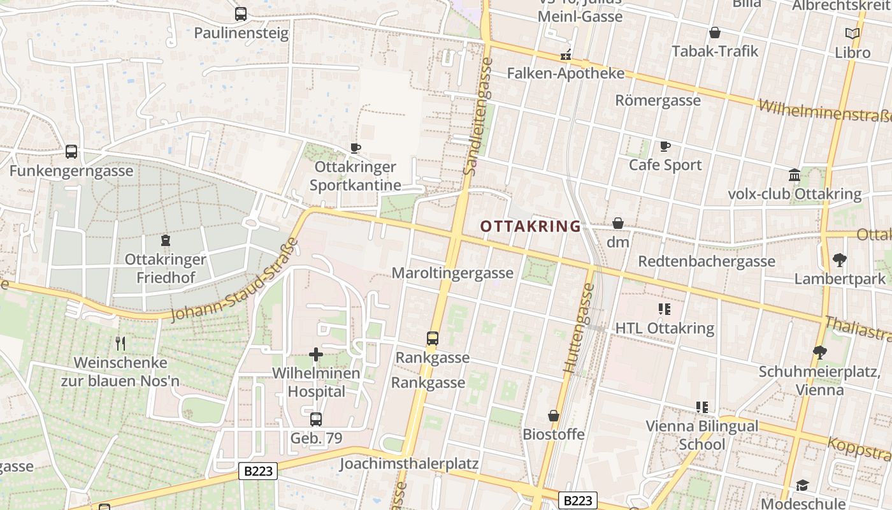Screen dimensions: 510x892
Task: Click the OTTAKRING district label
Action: [530, 226]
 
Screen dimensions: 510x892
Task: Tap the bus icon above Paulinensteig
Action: [241, 13]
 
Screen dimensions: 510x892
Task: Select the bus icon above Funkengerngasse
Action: [71, 152]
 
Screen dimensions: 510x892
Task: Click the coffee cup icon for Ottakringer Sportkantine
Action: [356, 148]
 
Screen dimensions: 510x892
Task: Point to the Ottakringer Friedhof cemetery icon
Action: [166, 240]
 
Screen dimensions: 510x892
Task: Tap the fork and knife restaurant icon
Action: [120, 344]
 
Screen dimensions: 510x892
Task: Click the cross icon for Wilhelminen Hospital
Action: [316, 354]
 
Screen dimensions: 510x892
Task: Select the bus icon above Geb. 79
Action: [316, 419]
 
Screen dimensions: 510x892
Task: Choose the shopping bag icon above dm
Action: [617, 223]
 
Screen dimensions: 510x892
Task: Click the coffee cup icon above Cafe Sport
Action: [665, 146]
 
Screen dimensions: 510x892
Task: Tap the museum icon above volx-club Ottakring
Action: [795, 175]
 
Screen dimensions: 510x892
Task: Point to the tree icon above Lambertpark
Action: [840, 259]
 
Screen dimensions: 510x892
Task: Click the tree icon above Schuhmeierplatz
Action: [820, 352]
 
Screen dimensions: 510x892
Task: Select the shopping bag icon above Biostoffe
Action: [554, 416]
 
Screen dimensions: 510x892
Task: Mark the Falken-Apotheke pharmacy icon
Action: [565, 55]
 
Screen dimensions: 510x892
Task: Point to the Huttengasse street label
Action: [579, 328]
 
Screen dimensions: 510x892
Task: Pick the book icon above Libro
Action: [852, 33]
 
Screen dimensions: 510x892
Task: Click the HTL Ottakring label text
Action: [665, 328]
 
